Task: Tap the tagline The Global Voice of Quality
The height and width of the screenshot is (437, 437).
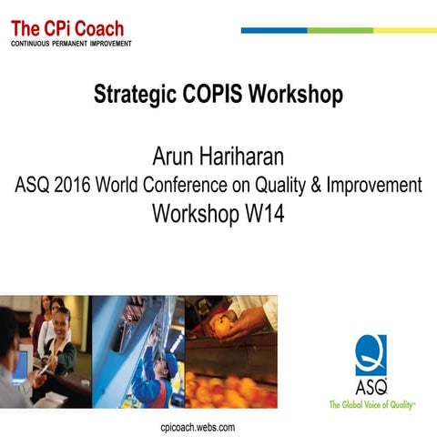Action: pyautogui.click(x=372, y=403)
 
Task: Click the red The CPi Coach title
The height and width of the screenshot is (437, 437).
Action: pyautogui.click(x=66, y=28)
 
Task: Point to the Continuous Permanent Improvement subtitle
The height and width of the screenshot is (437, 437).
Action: pyautogui.click(x=71, y=44)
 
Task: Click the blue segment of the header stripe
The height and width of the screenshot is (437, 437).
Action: pyautogui.click(x=273, y=30)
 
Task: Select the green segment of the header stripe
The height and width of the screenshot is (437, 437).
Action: pyautogui.click(x=340, y=30)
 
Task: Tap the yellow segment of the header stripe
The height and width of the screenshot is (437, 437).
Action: pyautogui.click(x=404, y=30)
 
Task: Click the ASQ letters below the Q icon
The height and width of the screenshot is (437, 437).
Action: pyautogui.click(x=371, y=384)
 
